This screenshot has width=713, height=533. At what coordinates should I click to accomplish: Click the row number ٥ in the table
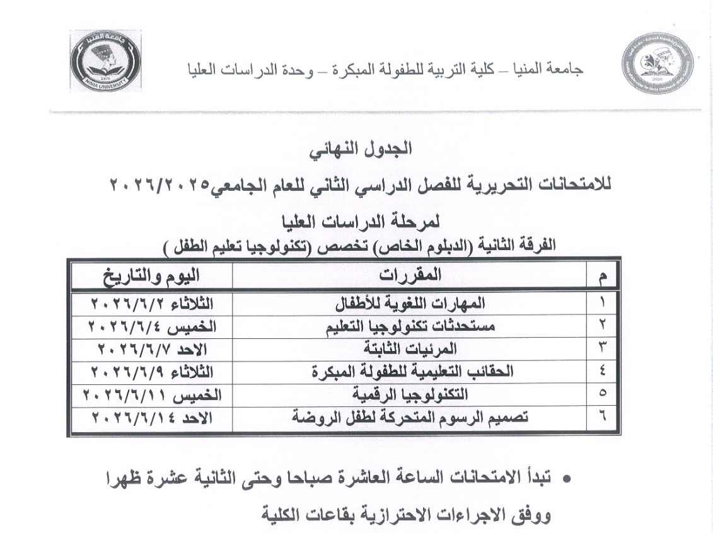click(x=602, y=394)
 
